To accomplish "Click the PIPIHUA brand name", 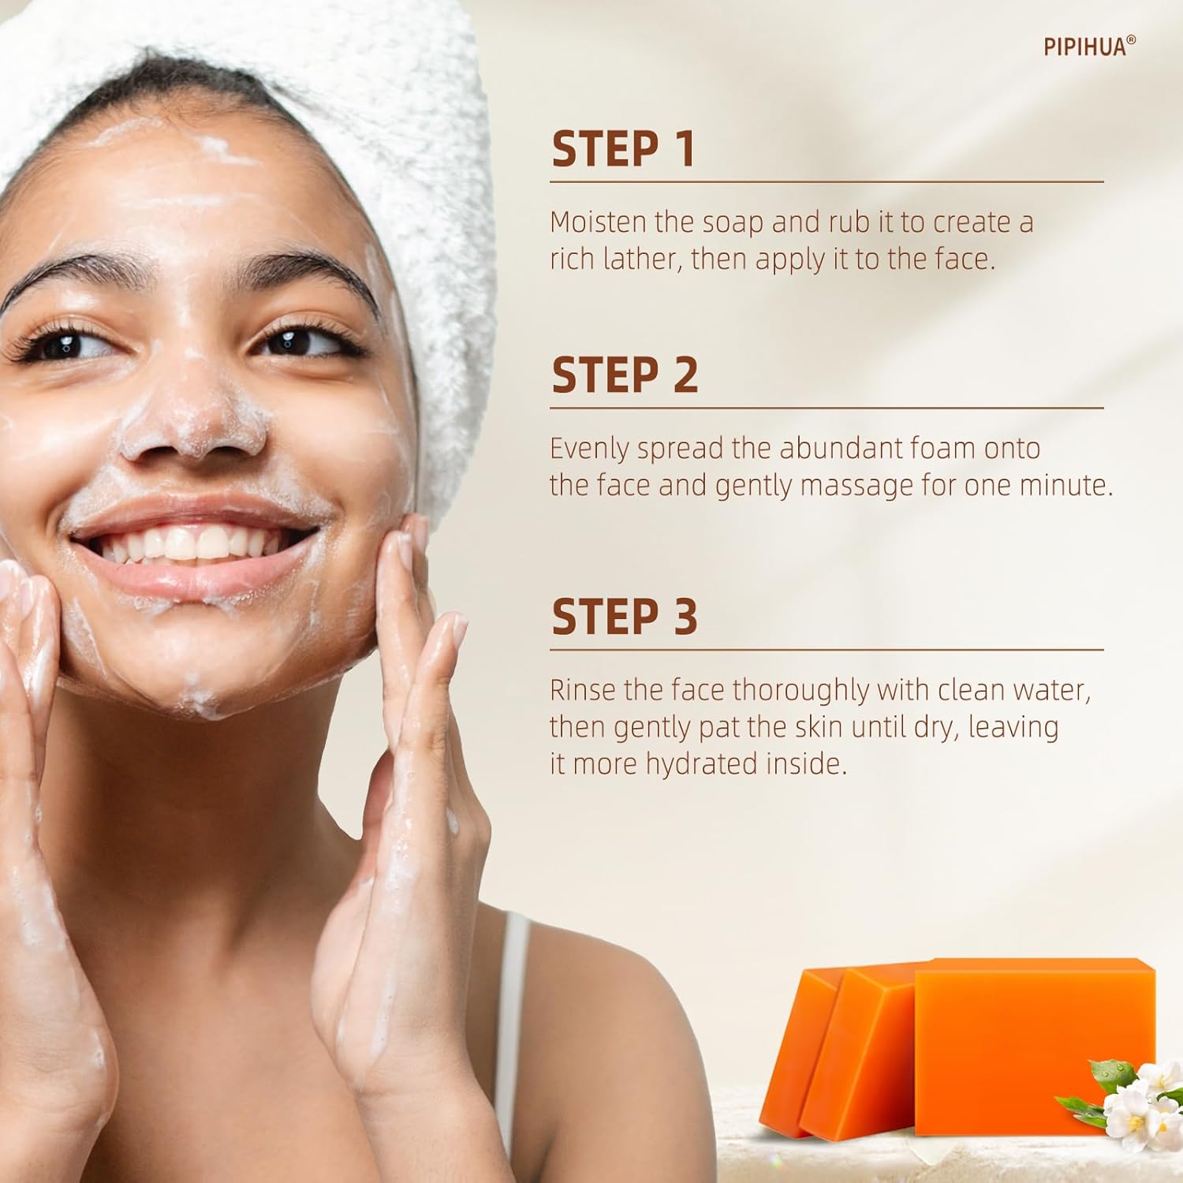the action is coord(1085,47).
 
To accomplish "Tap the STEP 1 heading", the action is coord(623,149).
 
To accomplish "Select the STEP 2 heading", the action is coord(625,375).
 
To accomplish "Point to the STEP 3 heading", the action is coord(625,617).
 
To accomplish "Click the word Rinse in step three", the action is coord(583,691).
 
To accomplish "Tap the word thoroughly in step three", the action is coord(800,692).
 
